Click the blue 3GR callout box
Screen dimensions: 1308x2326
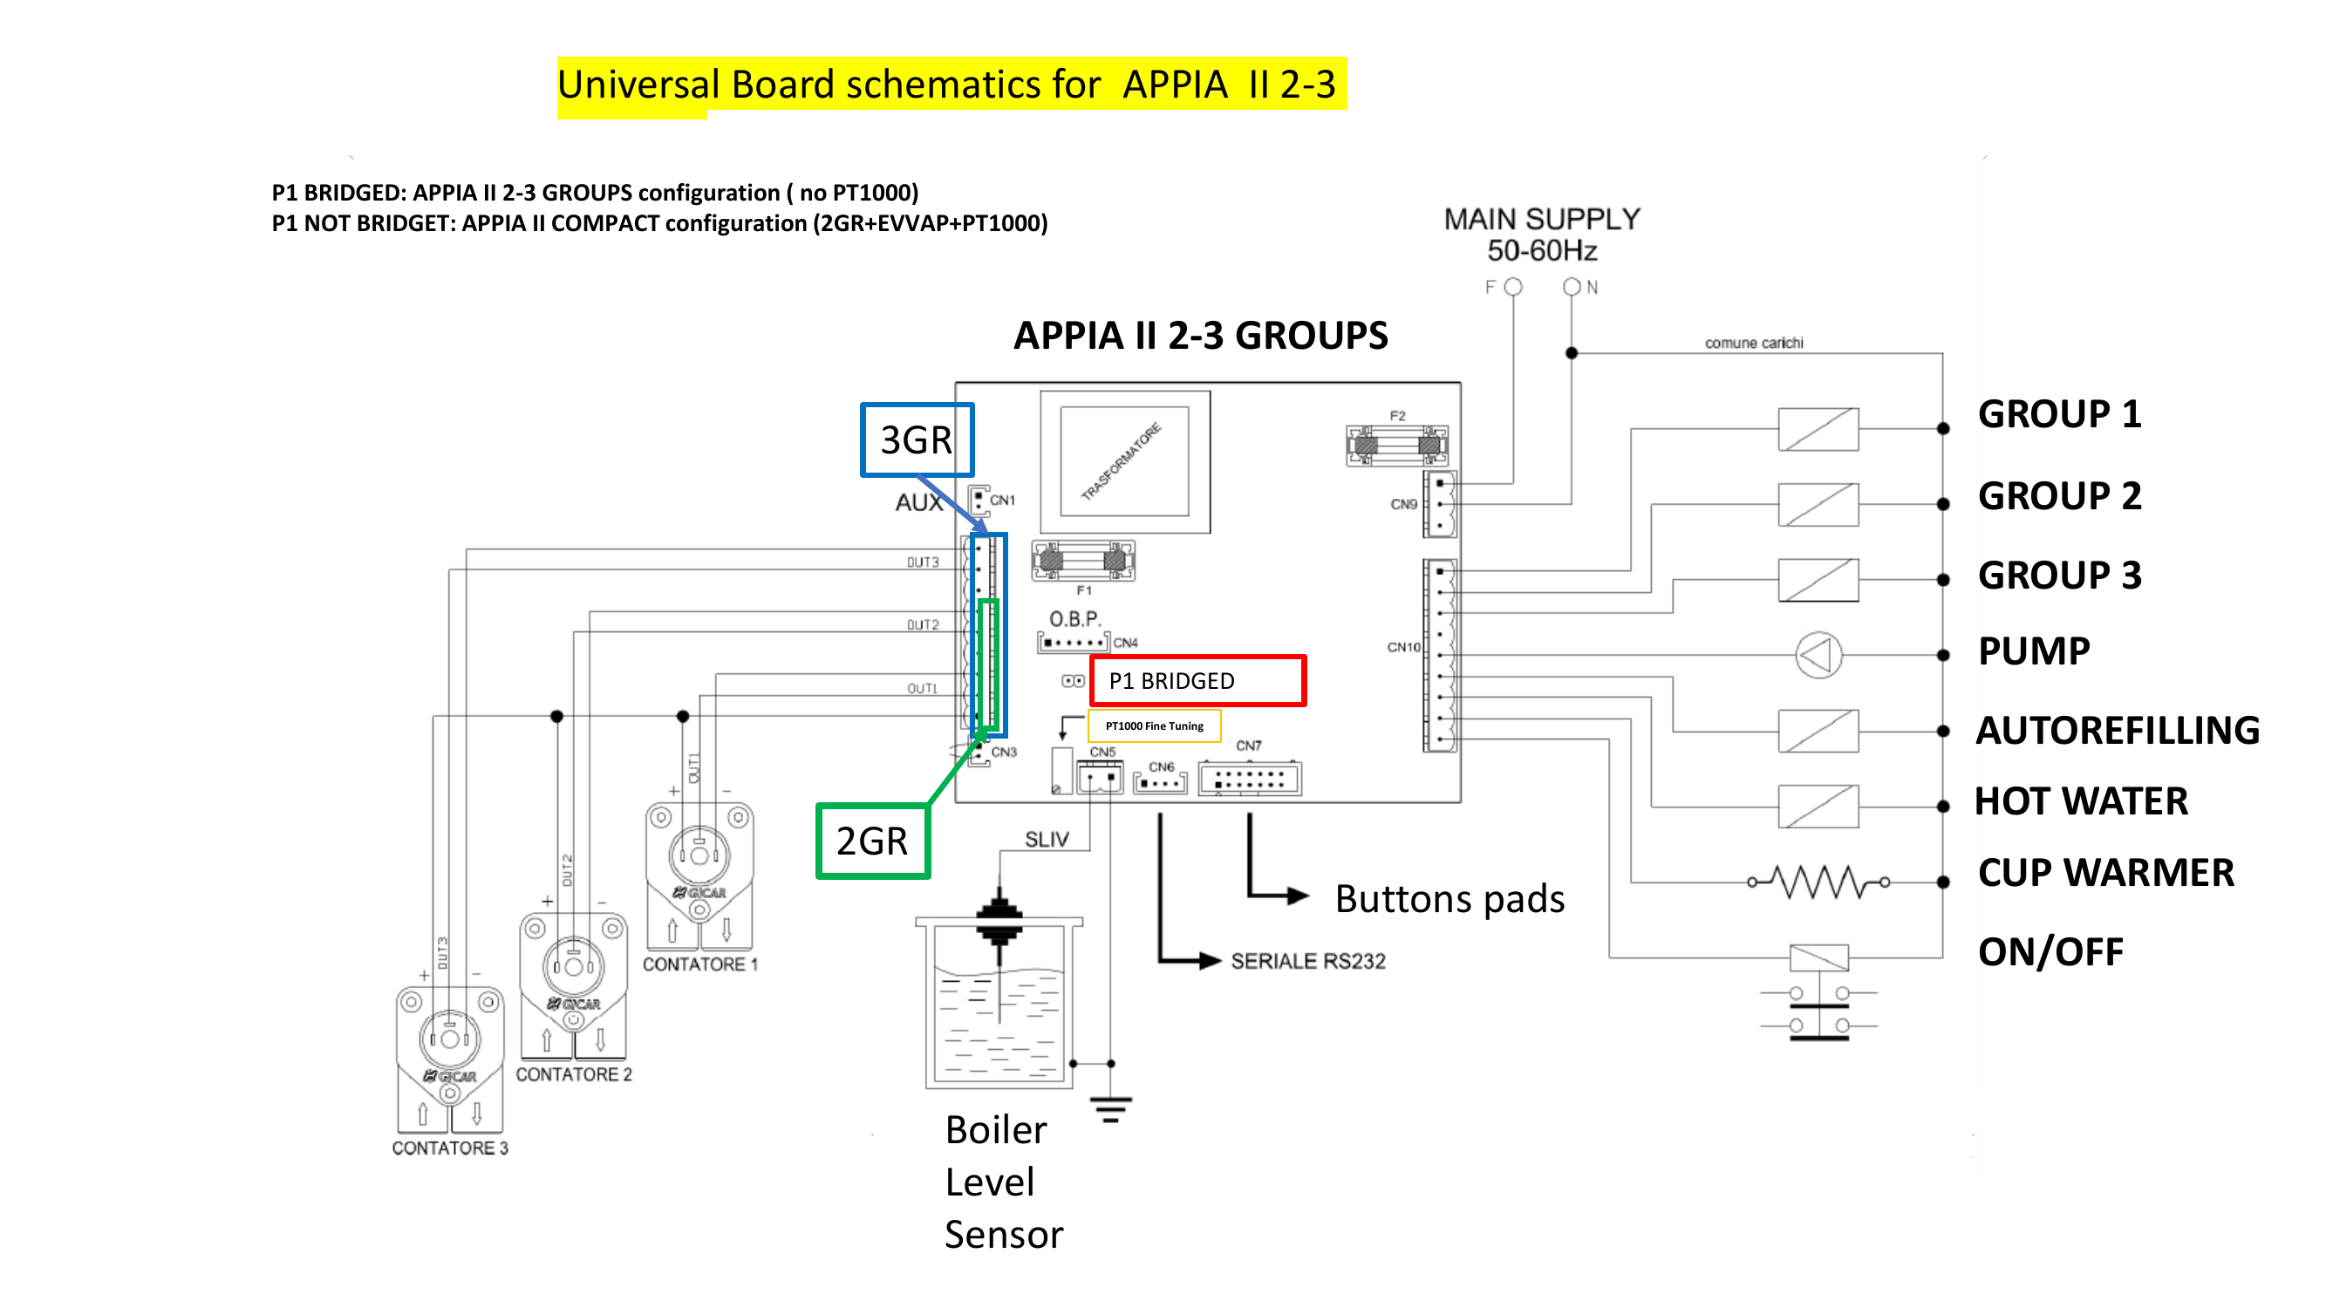(917, 439)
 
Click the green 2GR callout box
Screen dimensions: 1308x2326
(872, 841)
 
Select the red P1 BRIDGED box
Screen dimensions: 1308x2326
(1197, 681)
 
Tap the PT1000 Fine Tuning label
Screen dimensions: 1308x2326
(1154, 726)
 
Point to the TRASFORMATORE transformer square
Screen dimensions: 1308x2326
(1124, 461)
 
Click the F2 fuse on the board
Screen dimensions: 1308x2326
(1397, 445)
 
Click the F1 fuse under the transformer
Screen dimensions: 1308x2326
(1082, 562)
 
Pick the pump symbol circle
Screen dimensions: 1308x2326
(1818, 655)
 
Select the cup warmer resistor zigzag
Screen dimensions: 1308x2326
(1818, 882)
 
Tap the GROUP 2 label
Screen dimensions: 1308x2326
(2059, 495)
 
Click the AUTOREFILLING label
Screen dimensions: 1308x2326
(2117, 730)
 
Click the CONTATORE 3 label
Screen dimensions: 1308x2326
(450, 1148)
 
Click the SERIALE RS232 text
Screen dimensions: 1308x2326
(1307, 961)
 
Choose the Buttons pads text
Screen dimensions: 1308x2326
(1449, 899)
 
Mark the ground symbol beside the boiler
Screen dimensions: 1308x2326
(1110, 1108)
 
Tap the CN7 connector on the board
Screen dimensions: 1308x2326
(1250, 779)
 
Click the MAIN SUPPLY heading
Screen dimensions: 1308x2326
(1541, 220)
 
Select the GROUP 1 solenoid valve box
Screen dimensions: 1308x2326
(1818, 429)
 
